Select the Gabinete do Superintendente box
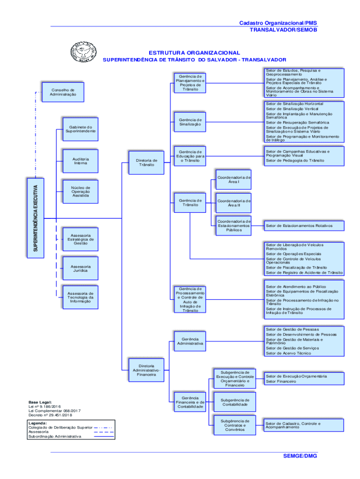tap(80, 129)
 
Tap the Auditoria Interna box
tap(80, 161)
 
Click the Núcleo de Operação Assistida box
tap(80, 191)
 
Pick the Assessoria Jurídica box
tap(80, 269)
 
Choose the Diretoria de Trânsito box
tap(146, 163)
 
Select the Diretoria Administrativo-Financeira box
tap(146, 370)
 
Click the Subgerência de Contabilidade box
tap(235, 402)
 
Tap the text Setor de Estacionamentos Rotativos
tap(299, 226)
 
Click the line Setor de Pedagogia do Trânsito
tap(295, 160)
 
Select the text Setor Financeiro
tap(281, 381)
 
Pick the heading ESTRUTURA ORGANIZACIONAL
tap(194, 53)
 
